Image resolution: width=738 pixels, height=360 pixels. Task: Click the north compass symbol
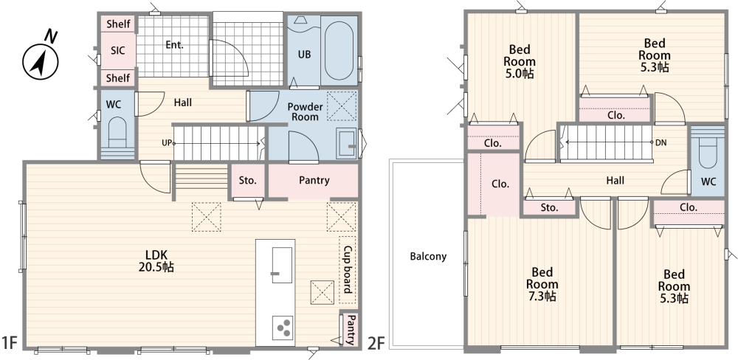point(41,55)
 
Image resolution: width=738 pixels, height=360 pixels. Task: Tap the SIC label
point(117,50)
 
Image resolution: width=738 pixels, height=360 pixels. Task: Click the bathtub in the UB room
point(339,50)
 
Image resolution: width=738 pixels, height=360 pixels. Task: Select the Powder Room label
point(305,111)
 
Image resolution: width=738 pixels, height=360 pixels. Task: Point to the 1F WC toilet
point(117,134)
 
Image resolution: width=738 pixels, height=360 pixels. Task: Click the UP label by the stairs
point(167,142)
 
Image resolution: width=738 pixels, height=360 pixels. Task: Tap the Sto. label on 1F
point(247,180)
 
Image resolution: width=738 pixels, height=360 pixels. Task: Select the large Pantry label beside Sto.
point(314,180)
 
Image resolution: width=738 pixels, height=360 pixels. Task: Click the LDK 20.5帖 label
point(156,261)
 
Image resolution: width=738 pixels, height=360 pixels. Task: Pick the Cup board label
point(348,270)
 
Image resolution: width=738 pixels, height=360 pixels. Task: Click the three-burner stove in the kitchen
point(283,327)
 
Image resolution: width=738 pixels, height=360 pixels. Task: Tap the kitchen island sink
point(281,266)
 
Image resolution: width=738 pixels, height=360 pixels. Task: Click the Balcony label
point(428,257)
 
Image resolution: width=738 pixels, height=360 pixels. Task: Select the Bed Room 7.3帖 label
point(542,284)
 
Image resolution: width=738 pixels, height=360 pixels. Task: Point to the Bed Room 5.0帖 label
point(520,62)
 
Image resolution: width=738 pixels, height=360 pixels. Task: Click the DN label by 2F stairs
point(661,142)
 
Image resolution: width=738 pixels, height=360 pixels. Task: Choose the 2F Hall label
point(615,180)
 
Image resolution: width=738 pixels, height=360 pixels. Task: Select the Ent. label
point(174,45)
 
